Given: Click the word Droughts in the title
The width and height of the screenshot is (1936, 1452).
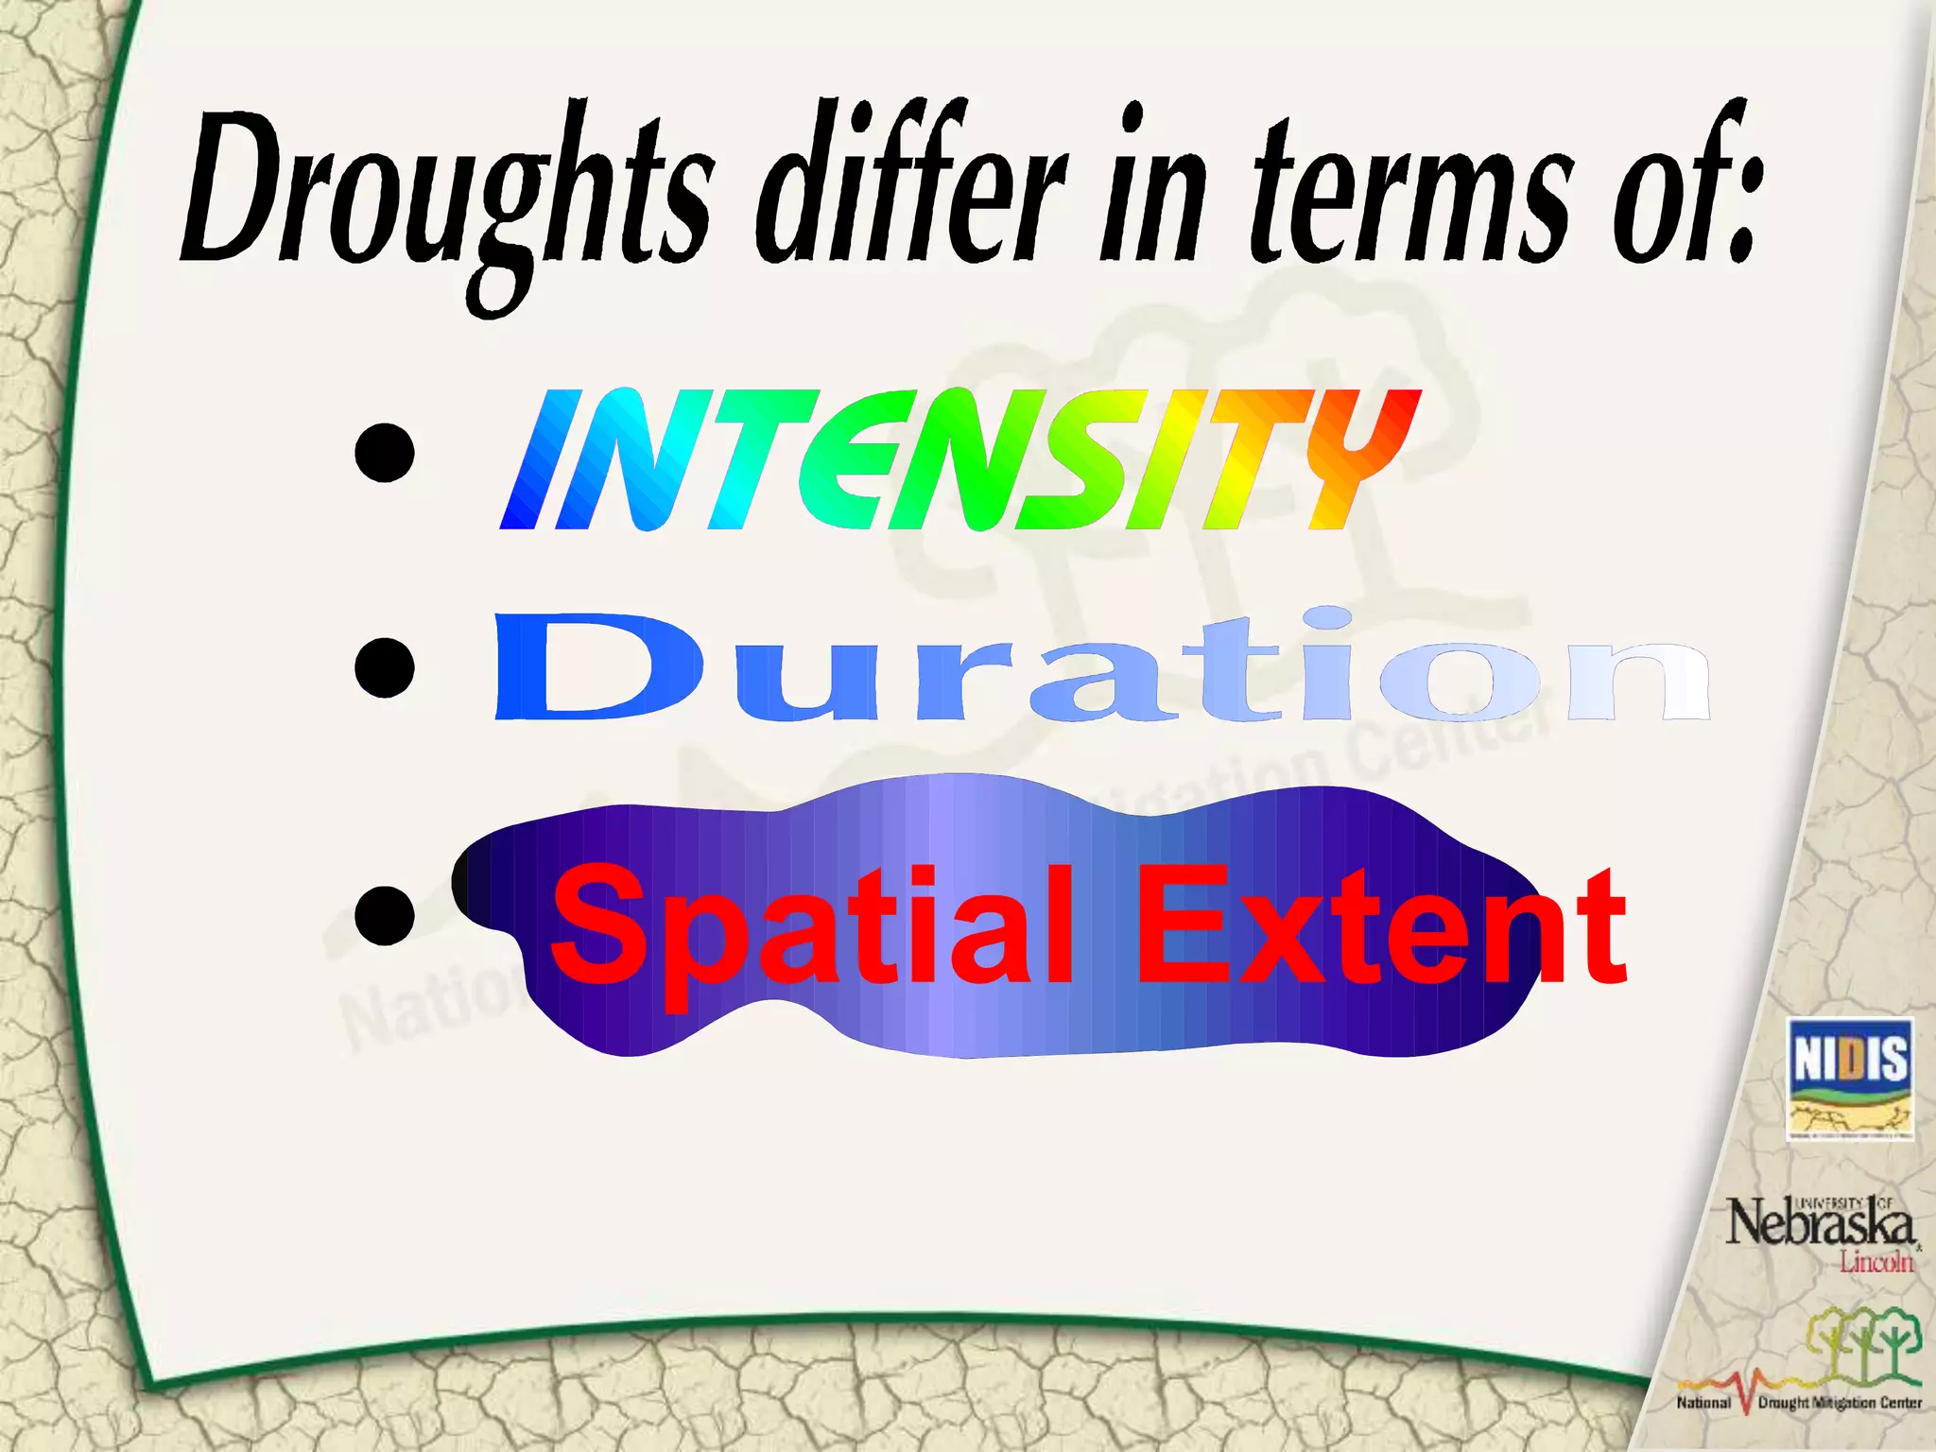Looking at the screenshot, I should coord(444,194).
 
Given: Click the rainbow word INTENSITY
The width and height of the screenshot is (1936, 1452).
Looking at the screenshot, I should coord(959,459).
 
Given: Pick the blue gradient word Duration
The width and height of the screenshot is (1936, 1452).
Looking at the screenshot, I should coord(1101,667).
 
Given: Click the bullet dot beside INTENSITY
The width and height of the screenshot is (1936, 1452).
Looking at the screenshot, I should coord(385,452).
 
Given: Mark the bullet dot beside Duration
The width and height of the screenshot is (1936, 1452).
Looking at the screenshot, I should coord(385,667).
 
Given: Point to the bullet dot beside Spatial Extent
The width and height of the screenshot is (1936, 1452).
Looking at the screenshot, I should coord(385,914).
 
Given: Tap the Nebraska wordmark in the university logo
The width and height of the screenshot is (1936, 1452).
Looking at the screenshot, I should coord(1820,1224).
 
